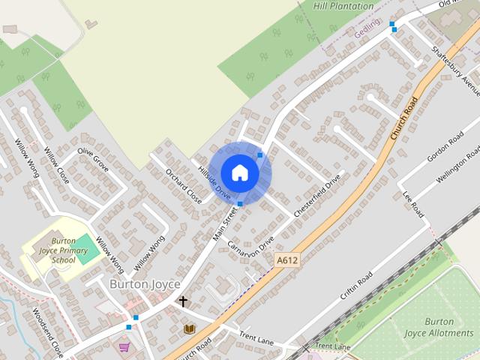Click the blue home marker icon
pyautogui.click(x=239, y=172)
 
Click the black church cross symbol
pyautogui.click(x=182, y=301)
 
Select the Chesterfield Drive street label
pyautogui.click(x=317, y=196)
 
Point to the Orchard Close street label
pyautogui.click(x=184, y=187)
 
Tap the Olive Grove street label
pyautogui.click(x=94, y=158)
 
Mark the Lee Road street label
pyautogui.click(x=413, y=204)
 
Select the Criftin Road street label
pyautogui.click(x=356, y=286)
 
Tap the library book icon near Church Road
pyautogui.click(x=189, y=328)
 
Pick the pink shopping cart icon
pyautogui.click(x=124, y=346)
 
